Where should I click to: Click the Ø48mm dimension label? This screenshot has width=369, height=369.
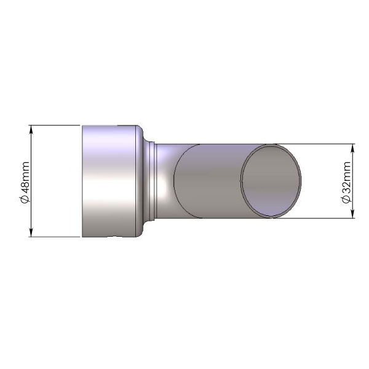click(25, 182)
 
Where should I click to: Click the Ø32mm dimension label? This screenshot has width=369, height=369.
click(347, 182)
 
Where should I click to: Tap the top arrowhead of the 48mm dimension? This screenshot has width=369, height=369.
click(31, 129)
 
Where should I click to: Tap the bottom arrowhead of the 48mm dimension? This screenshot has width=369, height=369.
click(31, 232)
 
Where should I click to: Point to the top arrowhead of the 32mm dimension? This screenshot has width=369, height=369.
click(352, 148)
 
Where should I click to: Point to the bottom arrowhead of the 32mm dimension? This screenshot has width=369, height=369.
click(352, 214)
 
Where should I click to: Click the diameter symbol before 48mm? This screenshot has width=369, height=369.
click(25, 199)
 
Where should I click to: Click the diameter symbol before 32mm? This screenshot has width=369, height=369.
click(347, 199)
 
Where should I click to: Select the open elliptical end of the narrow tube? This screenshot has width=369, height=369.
click(271, 180)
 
